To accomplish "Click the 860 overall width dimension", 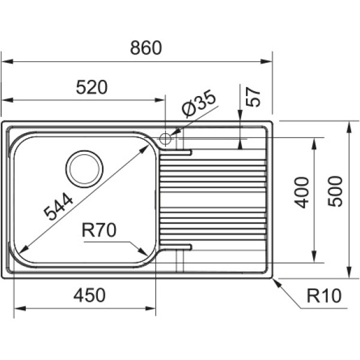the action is (x=146, y=48).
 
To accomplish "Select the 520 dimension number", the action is (x=92, y=87).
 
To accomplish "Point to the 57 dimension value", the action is (x=253, y=97).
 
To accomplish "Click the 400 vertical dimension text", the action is (x=302, y=193).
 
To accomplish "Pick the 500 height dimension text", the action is (x=335, y=191).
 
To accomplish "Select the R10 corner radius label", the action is (x=324, y=296).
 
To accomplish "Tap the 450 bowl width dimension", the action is (x=89, y=295).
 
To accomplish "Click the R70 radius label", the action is (x=99, y=230).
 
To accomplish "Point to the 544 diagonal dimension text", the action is (x=58, y=206).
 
